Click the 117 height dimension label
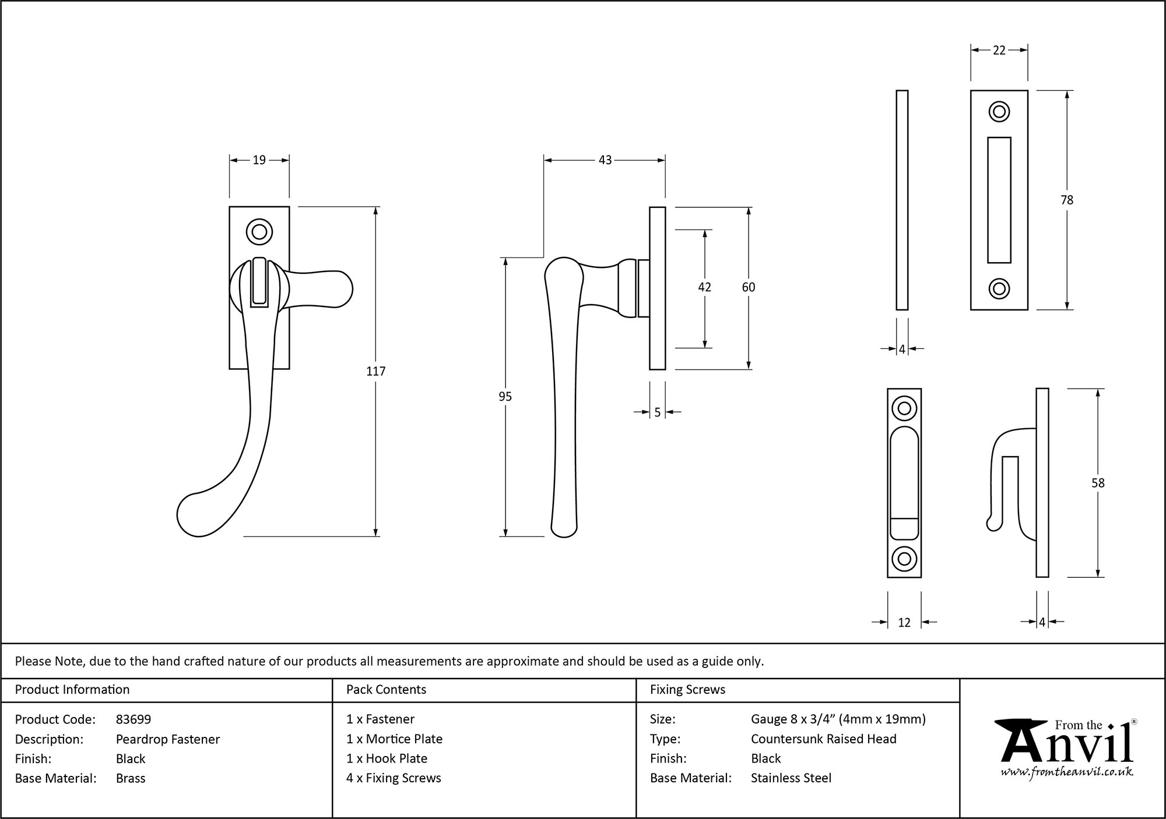tap(375, 371)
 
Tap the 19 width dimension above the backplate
tap(259, 160)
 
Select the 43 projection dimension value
tap(605, 160)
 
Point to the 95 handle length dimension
tap(505, 397)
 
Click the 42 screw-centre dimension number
tap(704, 287)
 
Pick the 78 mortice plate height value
tap(1066, 200)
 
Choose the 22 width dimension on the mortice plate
tap(999, 51)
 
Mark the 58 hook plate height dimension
tap(1098, 483)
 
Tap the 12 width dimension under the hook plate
tap(904, 623)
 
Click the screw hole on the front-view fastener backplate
tap(259, 232)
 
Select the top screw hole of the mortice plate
tap(999, 112)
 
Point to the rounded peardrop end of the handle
tap(195, 516)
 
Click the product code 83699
tap(134, 719)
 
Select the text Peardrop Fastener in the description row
tap(168, 739)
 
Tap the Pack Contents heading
tap(386, 690)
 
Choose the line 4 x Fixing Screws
tap(394, 778)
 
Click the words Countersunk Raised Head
tap(823, 739)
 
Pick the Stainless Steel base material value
tap(791, 778)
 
